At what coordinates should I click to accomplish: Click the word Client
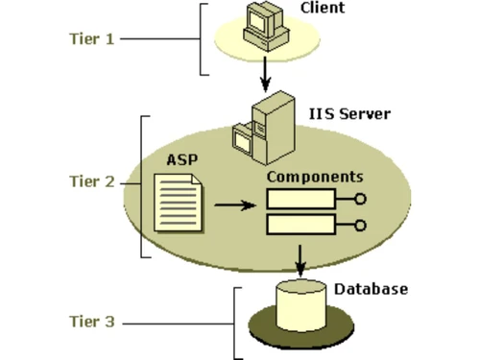(x=322, y=10)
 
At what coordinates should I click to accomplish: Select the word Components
(x=315, y=178)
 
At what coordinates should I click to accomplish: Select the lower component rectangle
(x=300, y=227)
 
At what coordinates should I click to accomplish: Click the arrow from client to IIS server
(x=264, y=73)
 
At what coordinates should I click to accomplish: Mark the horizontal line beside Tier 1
(x=158, y=39)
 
